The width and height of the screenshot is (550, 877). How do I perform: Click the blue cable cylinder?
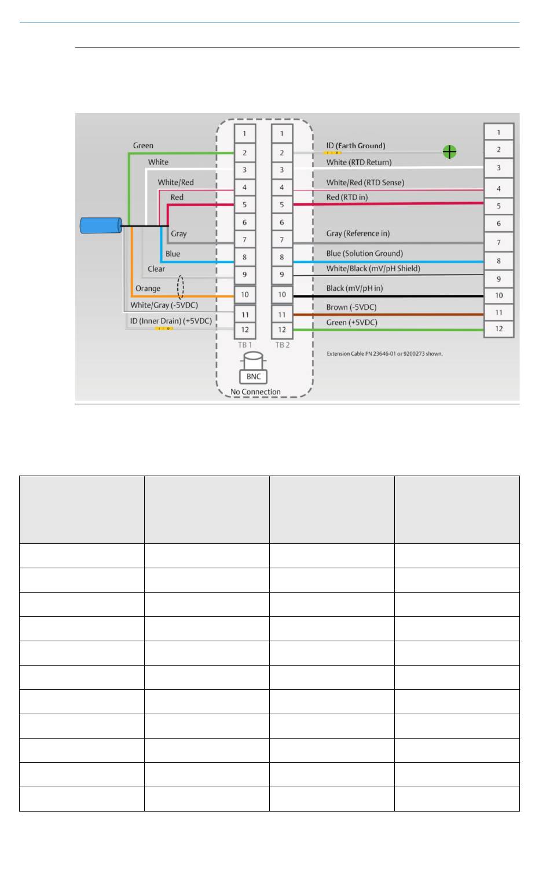coord(101,225)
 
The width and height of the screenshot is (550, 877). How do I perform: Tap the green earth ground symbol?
coord(449,152)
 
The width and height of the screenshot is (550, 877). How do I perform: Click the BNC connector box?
coord(254,377)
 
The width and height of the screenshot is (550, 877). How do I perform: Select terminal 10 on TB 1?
coord(245,294)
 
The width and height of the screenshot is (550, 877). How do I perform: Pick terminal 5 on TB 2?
coord(281,204)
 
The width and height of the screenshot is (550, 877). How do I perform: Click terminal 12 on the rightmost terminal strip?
coord(498,329)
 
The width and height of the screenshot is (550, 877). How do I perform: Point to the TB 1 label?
coord(245,345)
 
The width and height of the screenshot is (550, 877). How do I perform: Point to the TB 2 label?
coord(283,345)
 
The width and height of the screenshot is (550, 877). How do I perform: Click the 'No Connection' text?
coord(255,392)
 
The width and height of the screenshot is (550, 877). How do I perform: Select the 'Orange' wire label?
coord(148,288)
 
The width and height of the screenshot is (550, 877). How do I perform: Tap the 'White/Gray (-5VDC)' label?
coord(164,305)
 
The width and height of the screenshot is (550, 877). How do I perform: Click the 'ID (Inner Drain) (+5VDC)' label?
coord(171,321)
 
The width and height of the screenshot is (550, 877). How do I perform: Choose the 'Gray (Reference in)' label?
coord(358,233)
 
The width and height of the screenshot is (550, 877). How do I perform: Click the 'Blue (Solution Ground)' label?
coord(365,253)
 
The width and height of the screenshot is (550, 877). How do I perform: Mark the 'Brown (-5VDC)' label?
coord(351,307)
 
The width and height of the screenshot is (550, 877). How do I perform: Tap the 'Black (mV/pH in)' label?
coord(354,288)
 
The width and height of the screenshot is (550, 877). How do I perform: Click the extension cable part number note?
coord(384,353)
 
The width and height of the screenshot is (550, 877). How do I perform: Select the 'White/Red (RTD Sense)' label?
coord(365,182)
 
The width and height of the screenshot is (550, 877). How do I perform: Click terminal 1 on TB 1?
coord(244,133)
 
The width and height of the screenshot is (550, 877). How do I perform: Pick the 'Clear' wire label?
coord(156,269)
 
